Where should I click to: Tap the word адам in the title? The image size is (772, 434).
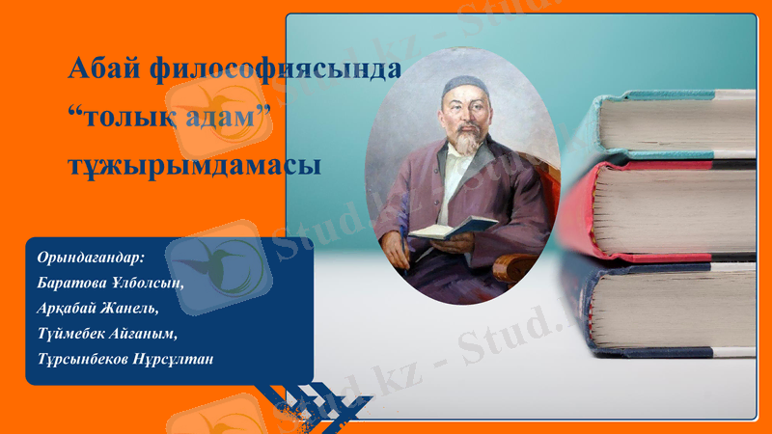(x=226, y=118)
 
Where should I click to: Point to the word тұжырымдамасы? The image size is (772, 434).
(x=194, y=164)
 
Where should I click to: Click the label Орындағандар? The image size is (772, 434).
(x=89, y=258)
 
